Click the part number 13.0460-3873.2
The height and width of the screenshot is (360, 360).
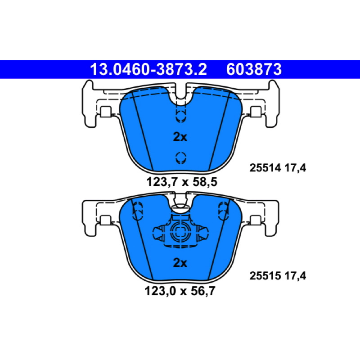148,69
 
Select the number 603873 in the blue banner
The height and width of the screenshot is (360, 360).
254,69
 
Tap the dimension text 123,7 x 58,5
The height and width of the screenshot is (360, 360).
182,182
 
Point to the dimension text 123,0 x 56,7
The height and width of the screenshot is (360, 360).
180,291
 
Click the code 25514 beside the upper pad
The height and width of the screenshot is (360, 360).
265,168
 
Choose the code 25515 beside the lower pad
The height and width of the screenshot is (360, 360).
265,276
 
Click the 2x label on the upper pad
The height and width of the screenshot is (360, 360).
180,137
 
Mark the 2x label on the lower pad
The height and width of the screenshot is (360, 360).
180,263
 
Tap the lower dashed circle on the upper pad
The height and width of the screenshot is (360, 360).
181,158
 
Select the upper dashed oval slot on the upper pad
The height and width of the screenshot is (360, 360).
181,115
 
